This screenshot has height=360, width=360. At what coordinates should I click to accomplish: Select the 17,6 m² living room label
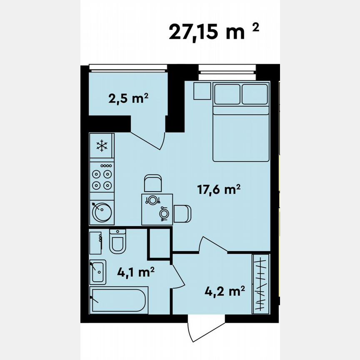coord(219,190)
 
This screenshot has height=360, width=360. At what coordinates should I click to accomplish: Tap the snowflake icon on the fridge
coord(102,145)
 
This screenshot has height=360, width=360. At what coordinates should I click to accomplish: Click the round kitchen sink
coord(101,213)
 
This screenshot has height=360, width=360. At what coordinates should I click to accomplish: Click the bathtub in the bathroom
coord(120,300)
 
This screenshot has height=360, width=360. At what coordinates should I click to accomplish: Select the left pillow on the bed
coord(227,94)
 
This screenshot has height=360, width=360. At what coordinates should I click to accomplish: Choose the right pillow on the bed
coord(254,94)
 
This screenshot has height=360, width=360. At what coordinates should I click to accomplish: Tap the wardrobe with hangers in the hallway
coord(261,283)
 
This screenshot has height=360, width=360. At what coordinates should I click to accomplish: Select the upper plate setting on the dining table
coord(153,200)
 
